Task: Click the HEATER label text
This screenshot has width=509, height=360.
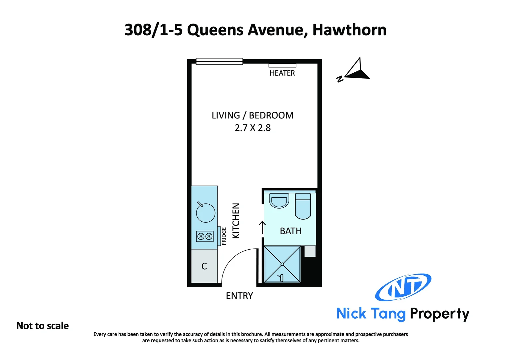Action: [x=282, y=73]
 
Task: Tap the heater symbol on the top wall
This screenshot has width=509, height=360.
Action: [x=282, y=66]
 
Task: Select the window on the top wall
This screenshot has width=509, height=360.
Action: [x=219, y=61]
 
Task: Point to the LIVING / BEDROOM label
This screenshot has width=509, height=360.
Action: [x=253, y=115]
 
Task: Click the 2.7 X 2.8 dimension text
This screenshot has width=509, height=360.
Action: [x=253, y=128]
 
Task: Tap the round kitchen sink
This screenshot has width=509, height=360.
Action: [x=206, y=213]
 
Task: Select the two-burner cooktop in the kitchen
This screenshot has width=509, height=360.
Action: [x=205, y=237]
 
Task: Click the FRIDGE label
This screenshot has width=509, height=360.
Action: [x=224, y=236]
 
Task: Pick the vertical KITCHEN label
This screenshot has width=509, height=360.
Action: [x=236, y=221]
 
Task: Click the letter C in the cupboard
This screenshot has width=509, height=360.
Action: [x=204, y=266]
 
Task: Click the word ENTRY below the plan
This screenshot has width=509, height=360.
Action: [x=239, y=296]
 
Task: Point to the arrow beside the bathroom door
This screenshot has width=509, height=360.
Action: [x=262, y=227]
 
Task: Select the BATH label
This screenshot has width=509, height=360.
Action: [x=290, y=231]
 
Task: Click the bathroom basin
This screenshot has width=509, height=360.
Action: [x=279, y=201]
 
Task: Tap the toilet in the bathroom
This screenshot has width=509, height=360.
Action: [x=303, y=207]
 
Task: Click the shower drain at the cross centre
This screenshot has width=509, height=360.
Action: [x=282, y=264]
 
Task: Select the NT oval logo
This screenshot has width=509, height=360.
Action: [x=403, y=287]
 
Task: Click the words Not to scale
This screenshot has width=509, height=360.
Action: [x=43, y=326]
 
